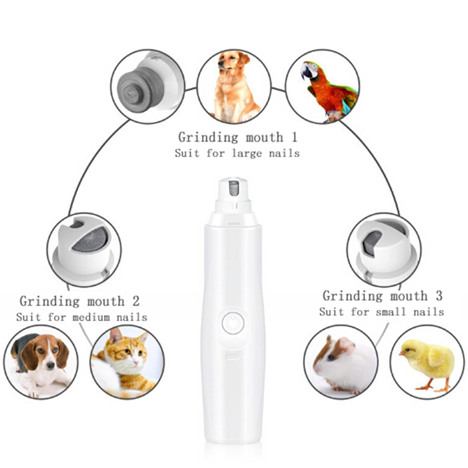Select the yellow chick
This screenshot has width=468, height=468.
(x=428, y=364)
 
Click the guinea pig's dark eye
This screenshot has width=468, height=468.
(x=331, y=357)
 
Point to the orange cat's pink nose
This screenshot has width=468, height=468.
(x=136, y=363)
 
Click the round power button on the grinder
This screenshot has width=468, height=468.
(x=233, y=323)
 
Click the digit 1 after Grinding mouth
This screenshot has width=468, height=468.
(x=294, y=137)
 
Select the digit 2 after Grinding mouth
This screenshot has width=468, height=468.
(x=136, y=301)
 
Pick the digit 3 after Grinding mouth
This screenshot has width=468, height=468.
(x=439, y=296)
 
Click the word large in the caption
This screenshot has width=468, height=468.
(x=247, y=153)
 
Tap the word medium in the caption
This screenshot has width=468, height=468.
(x=91, y=317)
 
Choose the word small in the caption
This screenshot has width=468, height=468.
(x=391, y=312)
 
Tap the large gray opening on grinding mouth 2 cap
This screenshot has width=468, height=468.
(x=90, y=239)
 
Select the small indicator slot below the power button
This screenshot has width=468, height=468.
(x=232, y=356)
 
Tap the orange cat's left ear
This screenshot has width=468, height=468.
(x=113, y=335)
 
